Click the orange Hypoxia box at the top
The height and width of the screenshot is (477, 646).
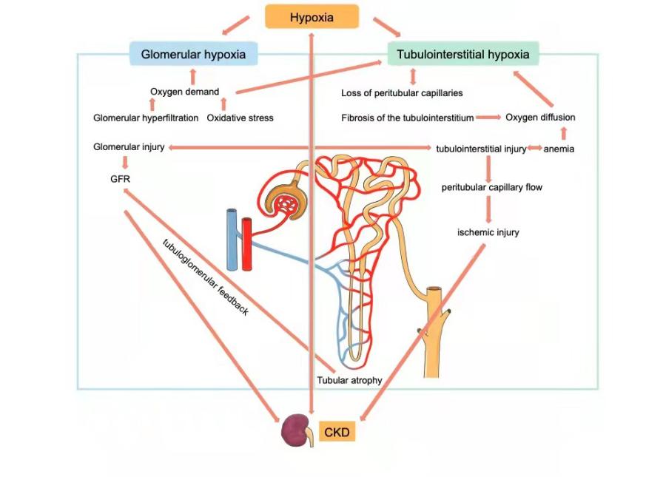click(312, 16)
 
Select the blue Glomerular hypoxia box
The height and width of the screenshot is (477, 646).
click(193, 54)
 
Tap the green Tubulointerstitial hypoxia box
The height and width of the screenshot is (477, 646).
click(462, 54)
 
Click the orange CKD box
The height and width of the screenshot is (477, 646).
click(337, 432)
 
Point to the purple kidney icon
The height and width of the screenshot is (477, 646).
click(296, 430)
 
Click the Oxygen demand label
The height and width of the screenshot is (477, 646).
click(184, 92)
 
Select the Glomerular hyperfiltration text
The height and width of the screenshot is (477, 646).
click(146, 118)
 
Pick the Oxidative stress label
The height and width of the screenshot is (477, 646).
click(240, 118)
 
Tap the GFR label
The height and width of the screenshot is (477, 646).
click(120, 178)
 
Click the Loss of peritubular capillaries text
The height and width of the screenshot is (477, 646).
click(402, 93)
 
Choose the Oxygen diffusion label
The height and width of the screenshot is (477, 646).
click(540, 117)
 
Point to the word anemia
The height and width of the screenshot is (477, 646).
click(559, 149)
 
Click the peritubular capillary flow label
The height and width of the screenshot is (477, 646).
click(492, 187)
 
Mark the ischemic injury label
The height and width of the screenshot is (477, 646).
click(488, 232)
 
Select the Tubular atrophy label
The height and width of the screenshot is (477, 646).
click(349, 380)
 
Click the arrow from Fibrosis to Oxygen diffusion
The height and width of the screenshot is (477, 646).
click(488, 117)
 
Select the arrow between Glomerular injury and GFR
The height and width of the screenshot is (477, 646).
click(124, 163)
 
